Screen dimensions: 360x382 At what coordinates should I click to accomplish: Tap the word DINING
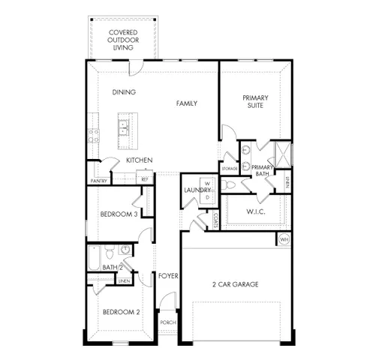(x=124, y=92)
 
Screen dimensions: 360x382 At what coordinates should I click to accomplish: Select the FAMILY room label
(x=187, y=103)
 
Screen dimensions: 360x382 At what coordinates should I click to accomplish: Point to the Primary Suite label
(x=255, y=103)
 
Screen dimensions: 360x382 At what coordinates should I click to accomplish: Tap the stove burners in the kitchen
(x=95, y=135)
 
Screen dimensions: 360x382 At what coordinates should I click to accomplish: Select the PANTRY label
(x=98, y=181)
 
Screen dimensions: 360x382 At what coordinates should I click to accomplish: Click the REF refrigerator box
(x=145, y=179)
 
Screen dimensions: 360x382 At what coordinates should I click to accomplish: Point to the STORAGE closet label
(x=230, y=169)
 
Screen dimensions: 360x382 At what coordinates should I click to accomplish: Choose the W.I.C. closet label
(x=255, y=211)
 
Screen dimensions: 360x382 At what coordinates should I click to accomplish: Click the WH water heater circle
(x=284, y=238)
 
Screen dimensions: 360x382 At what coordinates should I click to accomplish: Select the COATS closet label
(x=215, y=219)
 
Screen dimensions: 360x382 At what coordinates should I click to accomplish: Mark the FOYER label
(x=167, y=276)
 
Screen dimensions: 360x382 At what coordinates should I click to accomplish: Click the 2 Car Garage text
(x=234, y=284)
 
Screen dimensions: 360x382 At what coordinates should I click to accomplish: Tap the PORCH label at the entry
(x=167, y=322)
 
